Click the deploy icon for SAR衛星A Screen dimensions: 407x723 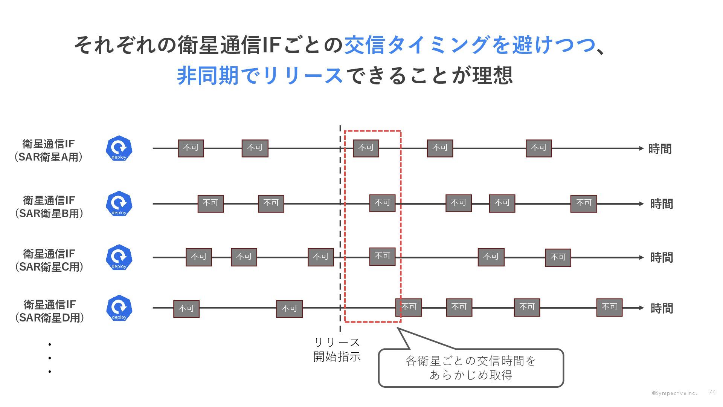tap(119, 148)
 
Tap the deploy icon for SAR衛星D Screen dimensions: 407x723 tap(119, 308)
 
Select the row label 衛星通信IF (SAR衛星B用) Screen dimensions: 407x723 tap(49, 207)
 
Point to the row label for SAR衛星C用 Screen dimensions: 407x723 tap(49, 260)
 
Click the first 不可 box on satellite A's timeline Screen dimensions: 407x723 tap(191, 148)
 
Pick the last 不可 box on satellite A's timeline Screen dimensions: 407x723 tap(538, 148)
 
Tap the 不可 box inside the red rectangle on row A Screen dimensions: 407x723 tap(366, 148)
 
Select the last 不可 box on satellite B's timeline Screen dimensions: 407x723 tap(583, 203)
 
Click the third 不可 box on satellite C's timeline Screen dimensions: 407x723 tap(320, 257)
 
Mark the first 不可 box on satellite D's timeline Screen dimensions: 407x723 tap(186, 309)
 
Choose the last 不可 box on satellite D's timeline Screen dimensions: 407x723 tap(609, 307)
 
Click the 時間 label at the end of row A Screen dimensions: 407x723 tap(660, 149)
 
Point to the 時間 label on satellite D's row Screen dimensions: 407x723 tap(662, 308)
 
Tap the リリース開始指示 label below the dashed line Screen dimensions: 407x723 tap(337, 349)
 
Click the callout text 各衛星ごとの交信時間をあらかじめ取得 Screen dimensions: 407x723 tap(471, 368)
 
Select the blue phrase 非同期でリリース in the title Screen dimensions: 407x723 tap(260, 75)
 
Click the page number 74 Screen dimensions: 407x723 tap(712, 392)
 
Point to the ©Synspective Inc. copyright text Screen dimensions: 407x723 tap(674, 393)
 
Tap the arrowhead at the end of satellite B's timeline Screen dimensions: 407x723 tap(641, 204)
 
